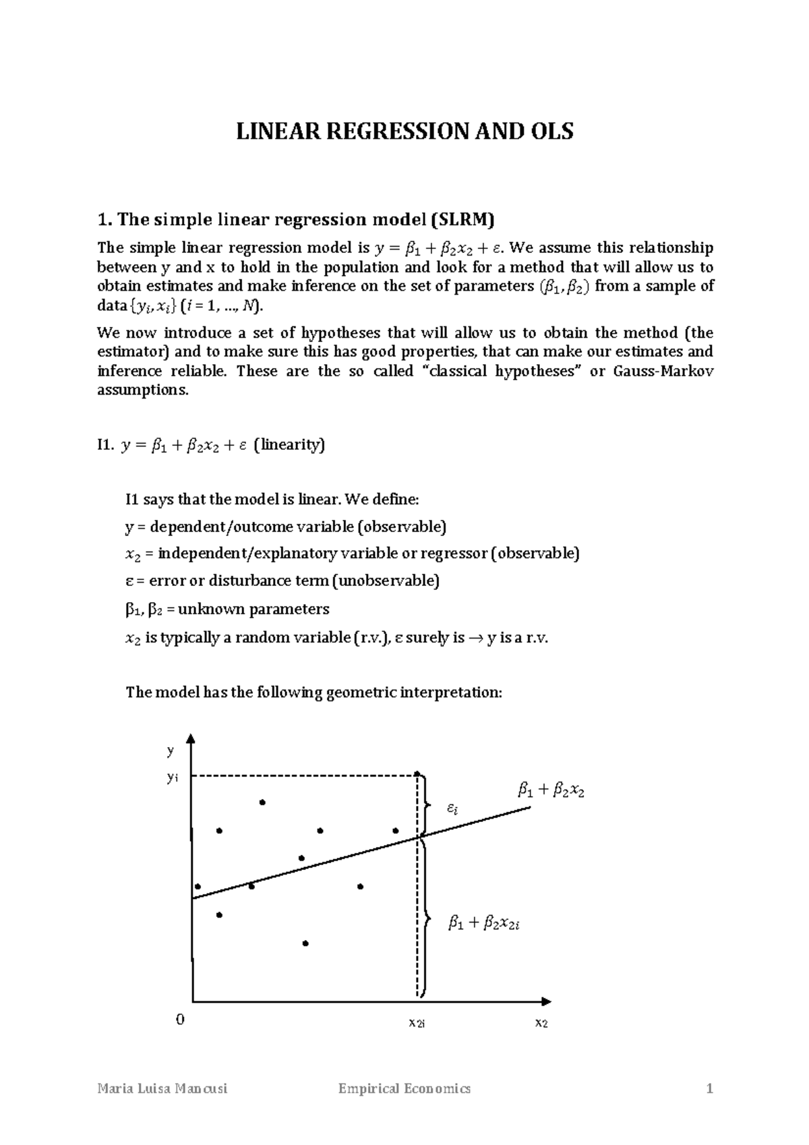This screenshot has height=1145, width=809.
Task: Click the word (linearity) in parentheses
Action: click(289, 445)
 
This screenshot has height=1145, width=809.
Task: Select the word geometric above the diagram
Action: click(361, 693)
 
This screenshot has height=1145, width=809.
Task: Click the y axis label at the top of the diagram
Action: click(171, 750)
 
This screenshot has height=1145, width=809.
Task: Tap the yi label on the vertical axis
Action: click(173, 777)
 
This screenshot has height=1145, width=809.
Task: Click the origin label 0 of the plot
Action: click(179, 1019)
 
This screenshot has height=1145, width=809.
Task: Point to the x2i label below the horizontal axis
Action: click(417, 1023)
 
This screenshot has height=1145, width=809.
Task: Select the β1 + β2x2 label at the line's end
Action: click(551, 790)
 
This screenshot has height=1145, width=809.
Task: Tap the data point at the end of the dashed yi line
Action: click(417, 774)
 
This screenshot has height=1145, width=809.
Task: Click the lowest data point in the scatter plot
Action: click(305, 943)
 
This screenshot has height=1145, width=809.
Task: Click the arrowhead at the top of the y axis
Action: click(193, 738)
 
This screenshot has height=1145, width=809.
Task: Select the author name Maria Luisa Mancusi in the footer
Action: click(162, 1089)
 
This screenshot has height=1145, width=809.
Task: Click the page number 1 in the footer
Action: click(709, 1089)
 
